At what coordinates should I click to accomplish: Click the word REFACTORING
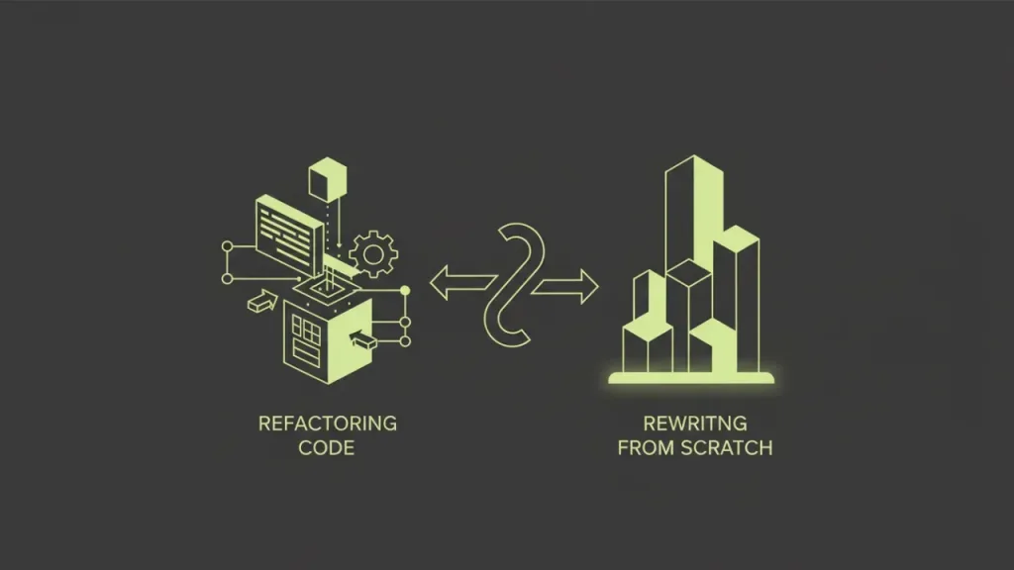327,424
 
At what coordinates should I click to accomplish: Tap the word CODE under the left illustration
327,448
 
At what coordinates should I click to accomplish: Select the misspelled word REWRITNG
695,424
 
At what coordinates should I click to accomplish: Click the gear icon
373,254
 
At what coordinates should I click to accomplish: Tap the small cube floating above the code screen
328,179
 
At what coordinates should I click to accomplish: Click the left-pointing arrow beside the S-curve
461,283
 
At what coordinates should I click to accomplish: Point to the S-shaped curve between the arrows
515,285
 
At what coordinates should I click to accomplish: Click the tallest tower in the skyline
694,214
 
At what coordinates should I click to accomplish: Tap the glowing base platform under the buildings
690,378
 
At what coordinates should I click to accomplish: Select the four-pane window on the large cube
306,331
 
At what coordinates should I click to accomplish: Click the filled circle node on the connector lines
405,291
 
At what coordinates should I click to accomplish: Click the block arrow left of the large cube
262,302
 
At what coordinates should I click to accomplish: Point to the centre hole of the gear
373,254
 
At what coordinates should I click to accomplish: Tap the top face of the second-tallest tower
736,234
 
